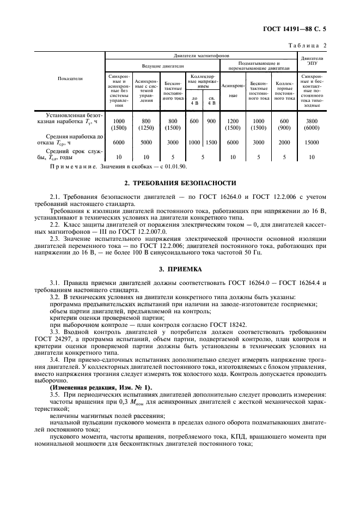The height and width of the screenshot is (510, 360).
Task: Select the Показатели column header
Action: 70,78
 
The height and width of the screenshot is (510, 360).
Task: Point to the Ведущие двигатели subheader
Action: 162,65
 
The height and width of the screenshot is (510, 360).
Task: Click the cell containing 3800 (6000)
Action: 312,124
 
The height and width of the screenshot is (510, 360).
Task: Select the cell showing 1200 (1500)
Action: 233,124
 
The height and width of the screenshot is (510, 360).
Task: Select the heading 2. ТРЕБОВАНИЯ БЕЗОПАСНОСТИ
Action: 180,183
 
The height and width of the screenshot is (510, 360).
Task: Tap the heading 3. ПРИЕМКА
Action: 180,269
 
